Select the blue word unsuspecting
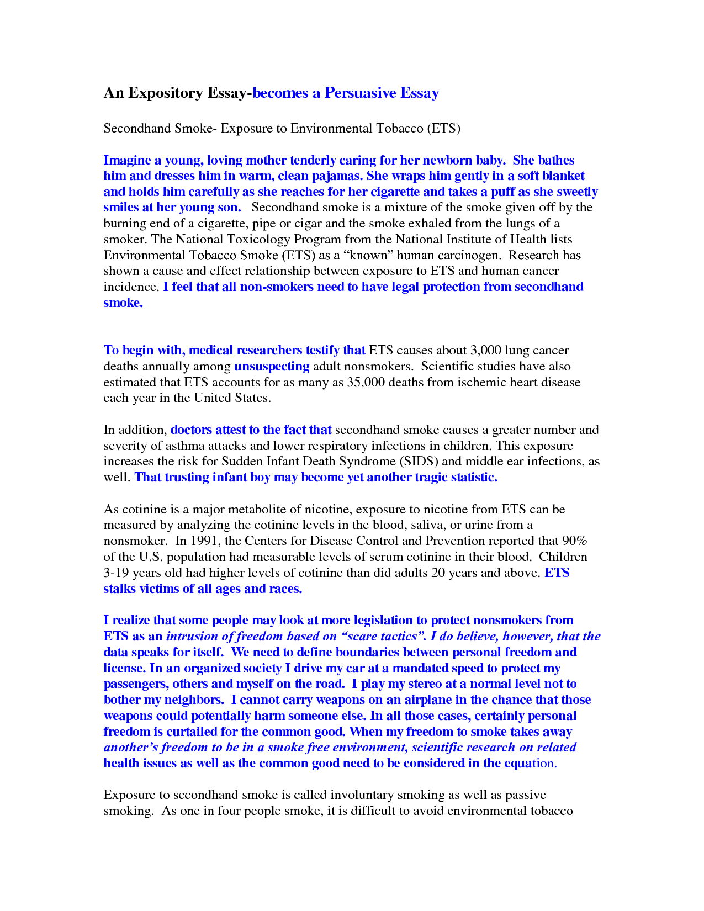click(x=272, y=367)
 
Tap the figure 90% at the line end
click(x=574, y=541)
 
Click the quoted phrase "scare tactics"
click(x=383, y=637)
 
